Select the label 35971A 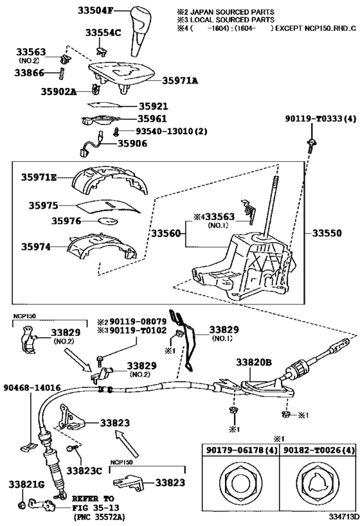click(179, 80)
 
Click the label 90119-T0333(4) click(319, 119)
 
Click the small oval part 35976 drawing click(107, 221)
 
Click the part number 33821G click(24, 482)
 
